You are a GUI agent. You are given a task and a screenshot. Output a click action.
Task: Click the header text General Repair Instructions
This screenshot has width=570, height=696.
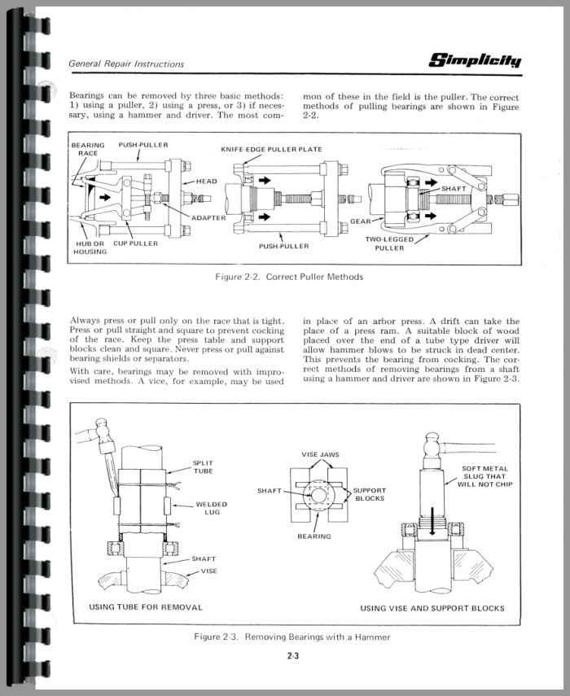[126, 63]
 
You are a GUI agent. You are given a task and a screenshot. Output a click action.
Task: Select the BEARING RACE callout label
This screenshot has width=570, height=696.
[88, 149]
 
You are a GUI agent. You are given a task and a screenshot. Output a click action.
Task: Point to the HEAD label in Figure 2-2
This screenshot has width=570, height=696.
[207, 182]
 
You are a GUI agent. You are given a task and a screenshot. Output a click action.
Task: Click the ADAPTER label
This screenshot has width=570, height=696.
[208, 217]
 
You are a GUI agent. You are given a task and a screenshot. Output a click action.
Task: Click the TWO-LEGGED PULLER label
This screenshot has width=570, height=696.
[389, 243]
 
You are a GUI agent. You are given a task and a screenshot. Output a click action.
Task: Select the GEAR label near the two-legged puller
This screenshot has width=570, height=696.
[360, 221]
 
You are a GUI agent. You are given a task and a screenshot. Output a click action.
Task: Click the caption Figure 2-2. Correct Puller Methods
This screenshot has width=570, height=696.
[289, 277]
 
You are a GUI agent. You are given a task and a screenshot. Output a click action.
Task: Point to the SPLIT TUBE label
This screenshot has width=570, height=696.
[203, 467]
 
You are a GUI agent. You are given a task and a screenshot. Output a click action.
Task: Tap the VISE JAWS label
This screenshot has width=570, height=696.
[320, 454]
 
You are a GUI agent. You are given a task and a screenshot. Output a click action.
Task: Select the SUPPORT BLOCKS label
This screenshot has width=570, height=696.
[369, 494]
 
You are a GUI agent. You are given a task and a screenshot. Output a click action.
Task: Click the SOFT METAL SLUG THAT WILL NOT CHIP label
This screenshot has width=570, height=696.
[484, 476]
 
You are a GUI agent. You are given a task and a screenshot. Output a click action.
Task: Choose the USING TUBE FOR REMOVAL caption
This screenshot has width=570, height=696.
[146, 607]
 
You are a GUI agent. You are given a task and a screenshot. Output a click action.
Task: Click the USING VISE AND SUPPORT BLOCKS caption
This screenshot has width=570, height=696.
[432, 608]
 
